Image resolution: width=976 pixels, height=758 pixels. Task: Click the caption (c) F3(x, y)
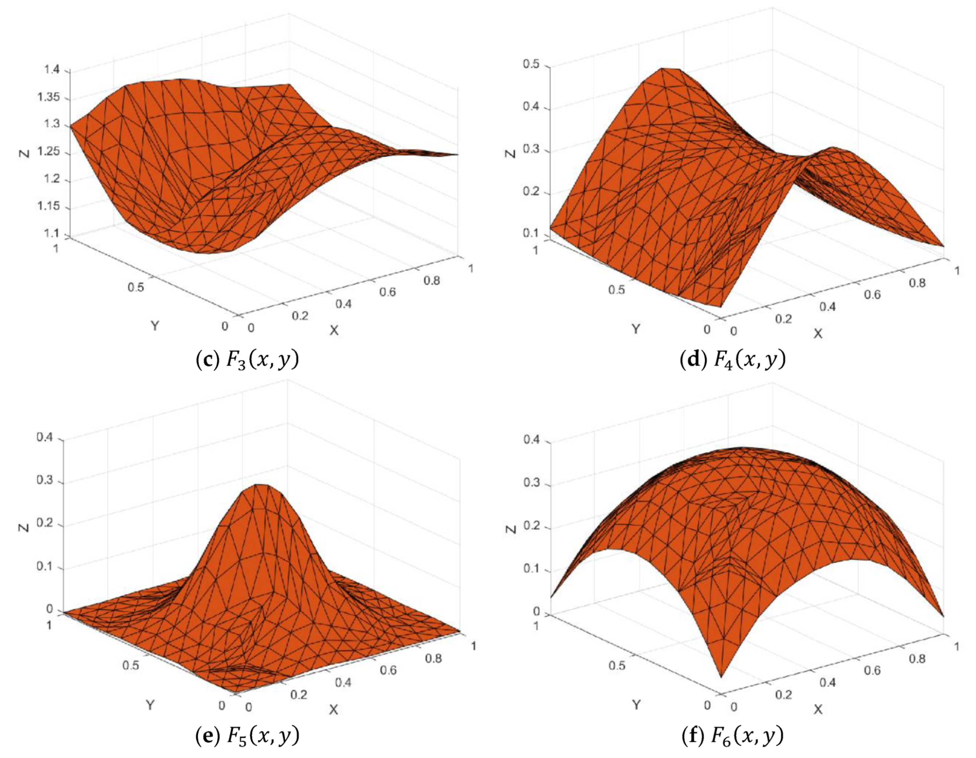coord(247,360)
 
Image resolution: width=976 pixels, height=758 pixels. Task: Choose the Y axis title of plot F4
coord(635,329)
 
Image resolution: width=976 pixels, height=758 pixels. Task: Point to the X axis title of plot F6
coord(818,709)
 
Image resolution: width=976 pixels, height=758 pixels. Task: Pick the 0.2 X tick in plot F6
coord(783,694)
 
